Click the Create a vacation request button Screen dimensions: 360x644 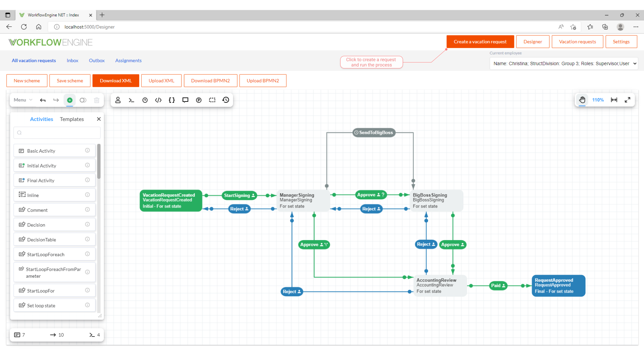[x=480, y=42]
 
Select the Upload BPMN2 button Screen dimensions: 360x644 [x=262, y=81]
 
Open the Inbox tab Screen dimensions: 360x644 [x=72, y=60]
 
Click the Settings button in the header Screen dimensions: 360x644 [x=621, y=42]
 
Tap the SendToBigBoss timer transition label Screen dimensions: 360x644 [x=374, y=133]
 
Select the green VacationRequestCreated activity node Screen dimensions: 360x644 [x=171, y=200]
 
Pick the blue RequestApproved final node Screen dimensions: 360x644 [x=558, y=286]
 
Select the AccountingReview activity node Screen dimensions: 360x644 [x=440, y=286]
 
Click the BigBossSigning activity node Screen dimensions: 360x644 [x=436, y=200]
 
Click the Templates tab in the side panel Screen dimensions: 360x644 [x=72, y=119]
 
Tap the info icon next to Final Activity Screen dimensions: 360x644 [x=87, y=180]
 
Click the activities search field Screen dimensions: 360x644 [x=57, y=133]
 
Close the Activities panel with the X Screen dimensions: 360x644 [x=99, y=119]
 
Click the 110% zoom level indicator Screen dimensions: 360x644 [x=598, y=100]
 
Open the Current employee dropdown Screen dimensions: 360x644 [x=563, y=63]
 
